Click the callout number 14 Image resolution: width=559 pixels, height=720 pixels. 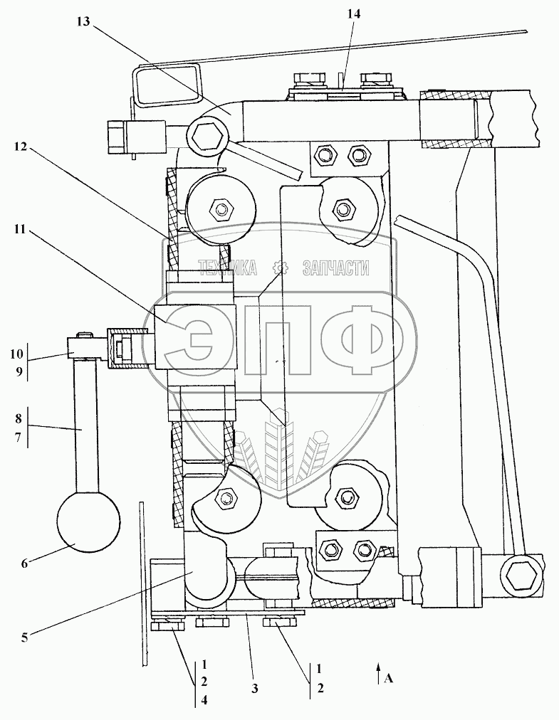354,14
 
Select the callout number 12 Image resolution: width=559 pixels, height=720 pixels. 20,147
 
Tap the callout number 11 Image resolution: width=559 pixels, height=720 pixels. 20,228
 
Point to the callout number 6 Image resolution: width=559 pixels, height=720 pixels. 24,562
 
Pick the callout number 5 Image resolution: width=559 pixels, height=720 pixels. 24,637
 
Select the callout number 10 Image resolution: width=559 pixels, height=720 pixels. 16,354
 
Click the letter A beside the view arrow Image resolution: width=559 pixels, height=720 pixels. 388,678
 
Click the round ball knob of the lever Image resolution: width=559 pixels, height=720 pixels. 88,522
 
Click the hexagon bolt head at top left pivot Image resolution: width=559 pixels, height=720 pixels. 208,137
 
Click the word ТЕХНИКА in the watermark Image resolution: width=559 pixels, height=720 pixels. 227,268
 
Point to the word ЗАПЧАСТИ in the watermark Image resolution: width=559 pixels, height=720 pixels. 336,268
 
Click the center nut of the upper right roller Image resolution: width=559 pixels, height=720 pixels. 343,209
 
